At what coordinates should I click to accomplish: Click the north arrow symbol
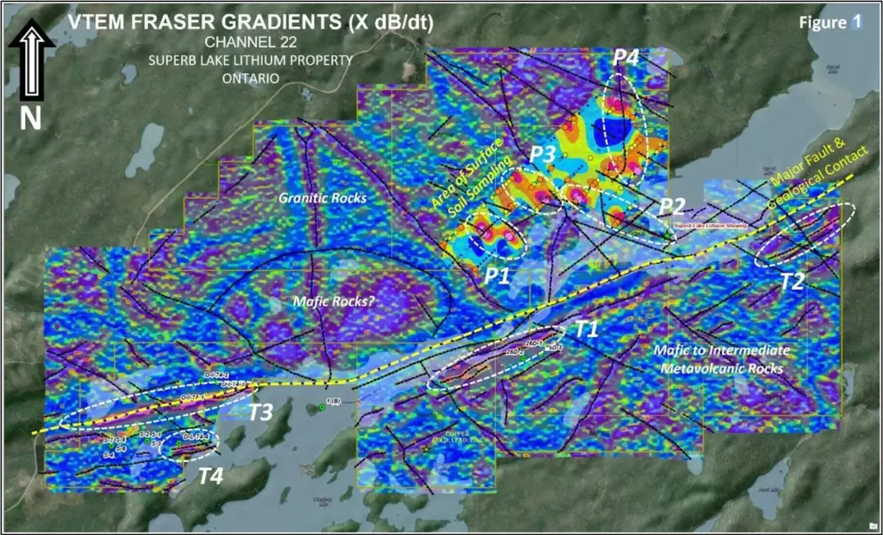(x=31, y=62)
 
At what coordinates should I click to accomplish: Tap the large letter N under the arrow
(x=31, y=119)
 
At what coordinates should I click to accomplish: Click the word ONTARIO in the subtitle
(x=251, y=78)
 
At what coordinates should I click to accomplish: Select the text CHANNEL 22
(x=251, y=42)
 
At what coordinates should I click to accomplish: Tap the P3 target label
(x=542, y=153)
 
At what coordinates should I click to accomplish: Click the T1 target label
(x=586, y=328)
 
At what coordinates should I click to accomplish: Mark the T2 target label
(x=791, y=282)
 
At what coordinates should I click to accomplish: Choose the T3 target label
(x=260, y=412)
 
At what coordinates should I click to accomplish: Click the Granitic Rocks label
(x=323, y=197)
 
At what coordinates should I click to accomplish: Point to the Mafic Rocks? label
(x=334, y=301)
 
